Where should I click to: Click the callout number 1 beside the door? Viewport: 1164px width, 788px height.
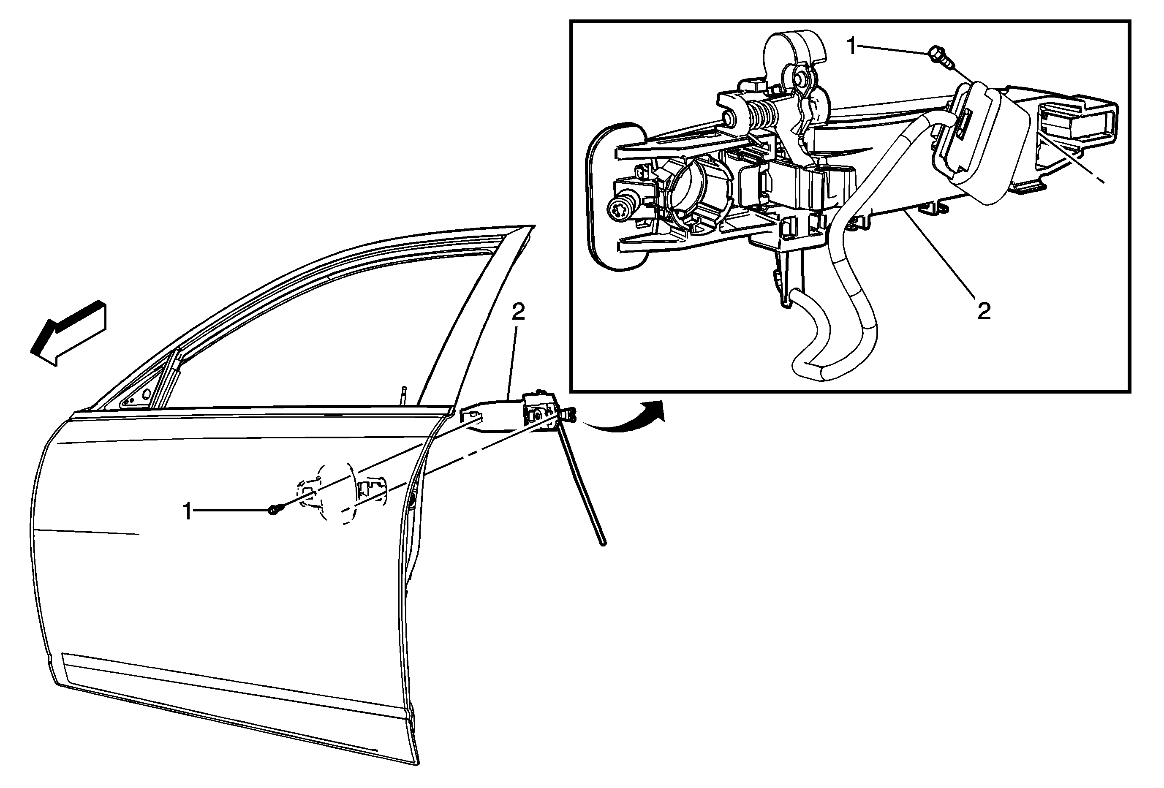coord(188,512)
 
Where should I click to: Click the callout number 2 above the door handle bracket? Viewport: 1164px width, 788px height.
coord(518,313)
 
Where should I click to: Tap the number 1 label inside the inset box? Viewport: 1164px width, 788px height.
coord(851,46)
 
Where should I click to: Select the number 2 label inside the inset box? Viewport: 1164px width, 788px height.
coord(984,311)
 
